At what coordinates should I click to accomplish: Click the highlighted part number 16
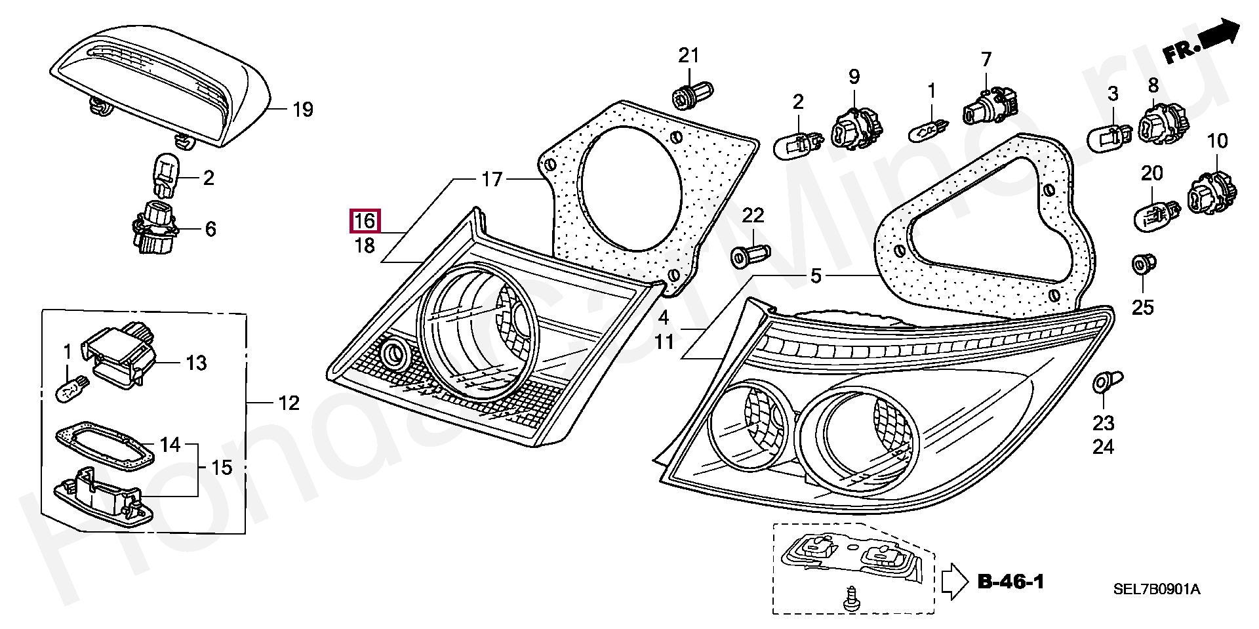click(365, 222)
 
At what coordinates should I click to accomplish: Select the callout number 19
click(302, 110)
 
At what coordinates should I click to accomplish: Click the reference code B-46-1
click(1010, 581)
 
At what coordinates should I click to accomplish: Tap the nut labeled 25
click(1144, 266)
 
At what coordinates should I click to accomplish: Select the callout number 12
click(289, 403)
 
